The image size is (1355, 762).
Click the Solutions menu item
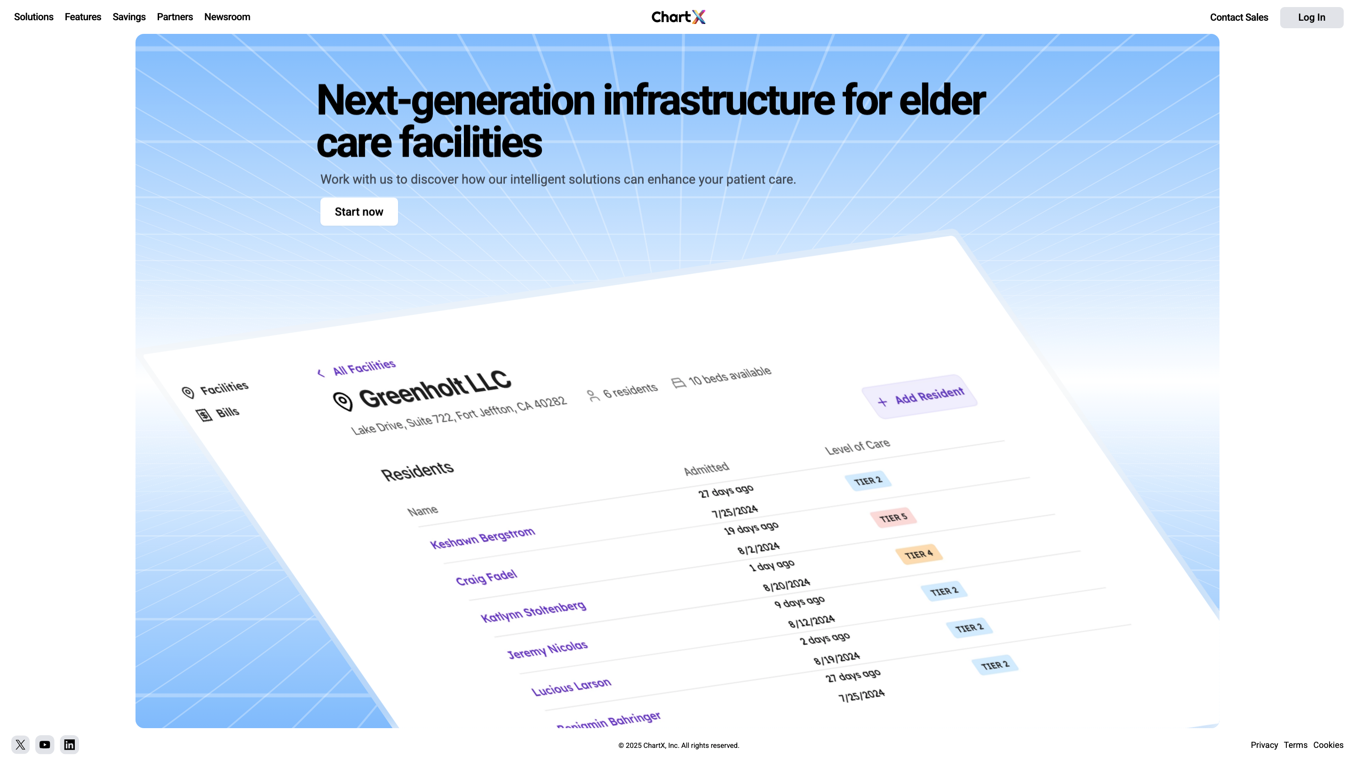point(34,17)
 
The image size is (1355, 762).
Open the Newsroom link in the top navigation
point(227,17)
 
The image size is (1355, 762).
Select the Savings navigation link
point(129,17)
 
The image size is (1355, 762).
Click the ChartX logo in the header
point(678,17)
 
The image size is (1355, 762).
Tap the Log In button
point(1311,17)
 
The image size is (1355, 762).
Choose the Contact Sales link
point(1239,17)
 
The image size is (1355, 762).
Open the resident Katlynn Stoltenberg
point(534,611)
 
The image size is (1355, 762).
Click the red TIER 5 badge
point(893,517)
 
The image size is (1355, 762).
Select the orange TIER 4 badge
point(918,554)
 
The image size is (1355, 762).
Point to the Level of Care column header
point(857,447)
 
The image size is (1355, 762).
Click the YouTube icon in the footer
point(45,745)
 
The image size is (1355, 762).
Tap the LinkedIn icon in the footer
point(70,745)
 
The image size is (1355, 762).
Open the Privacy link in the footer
point(1264,745)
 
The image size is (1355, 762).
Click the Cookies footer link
point(1328,745)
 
